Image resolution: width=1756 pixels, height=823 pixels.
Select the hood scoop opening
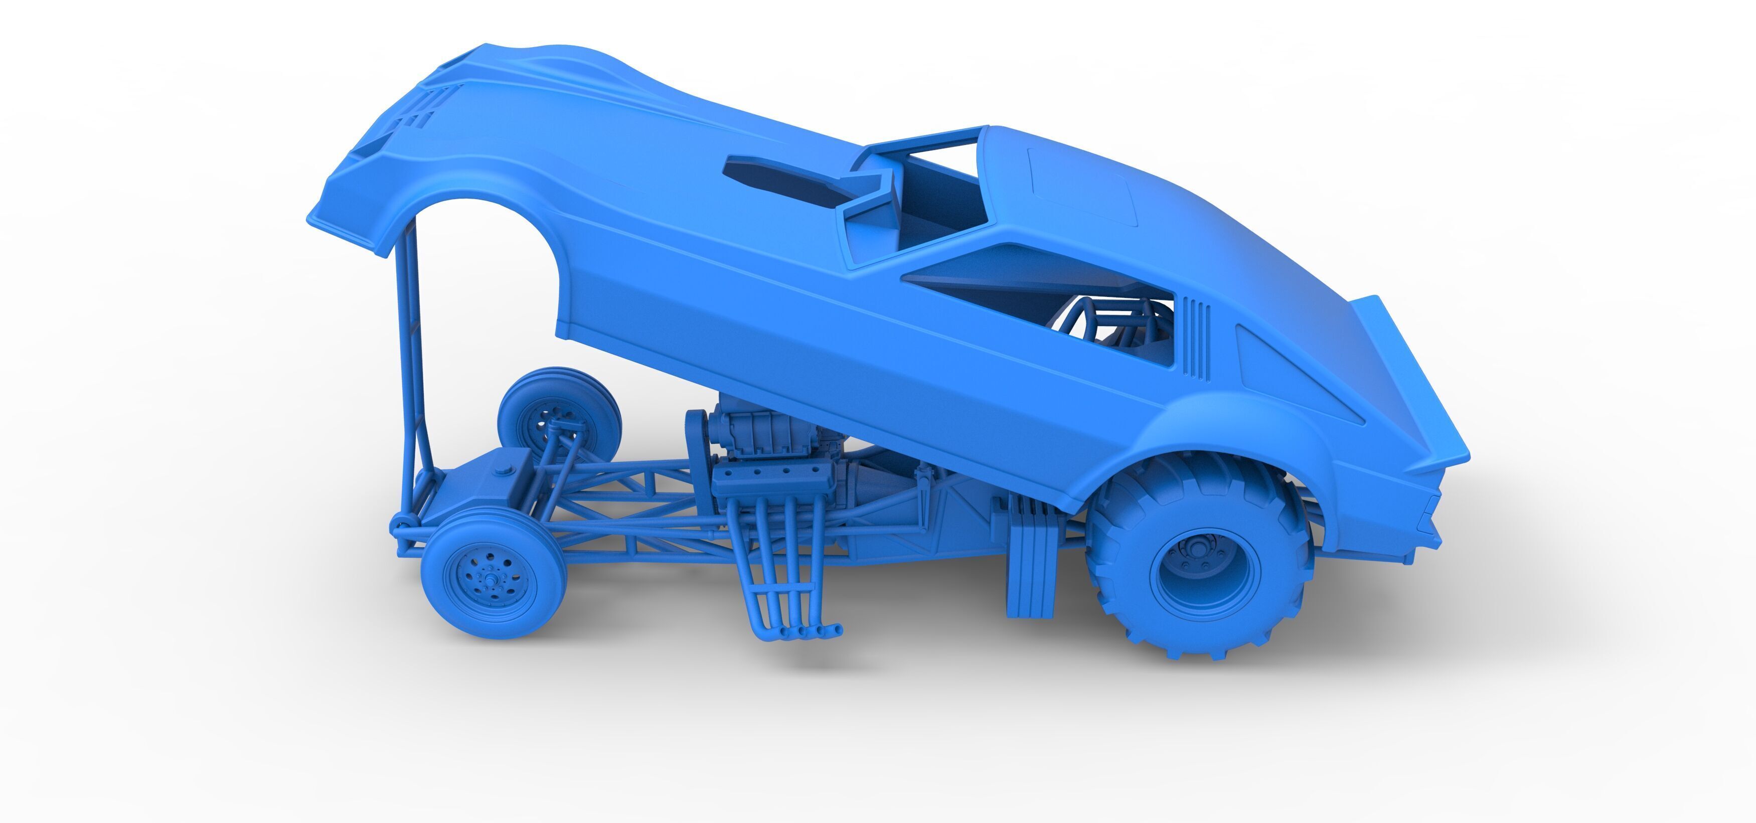784,181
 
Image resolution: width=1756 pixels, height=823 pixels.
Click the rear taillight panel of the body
1418,518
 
